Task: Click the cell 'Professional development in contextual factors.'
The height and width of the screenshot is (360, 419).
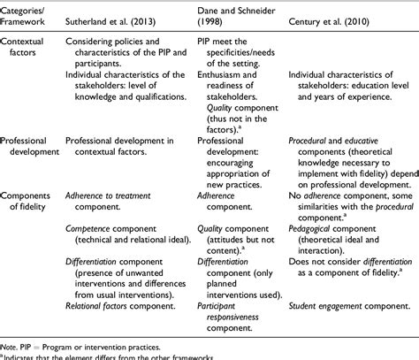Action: [x=123, y=147]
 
